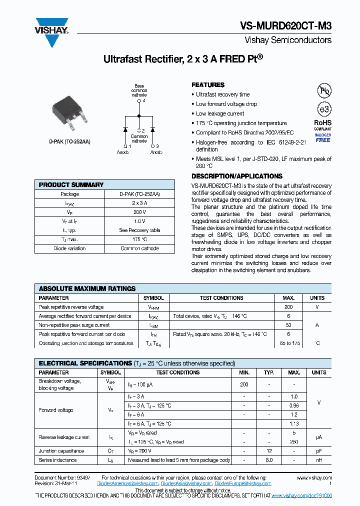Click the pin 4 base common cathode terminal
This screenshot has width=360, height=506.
coord(139,101)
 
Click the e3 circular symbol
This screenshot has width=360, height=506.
coord(324,110)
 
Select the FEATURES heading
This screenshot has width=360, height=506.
coord(208,85)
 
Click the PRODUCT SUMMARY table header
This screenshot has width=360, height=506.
coord(71,185)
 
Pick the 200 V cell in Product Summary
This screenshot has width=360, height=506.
coord(139,212)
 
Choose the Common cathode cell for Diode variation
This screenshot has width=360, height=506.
coord(139,248)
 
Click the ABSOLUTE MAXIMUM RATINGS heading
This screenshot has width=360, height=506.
coord(87,288)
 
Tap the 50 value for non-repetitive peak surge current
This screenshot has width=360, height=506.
coord(288,325)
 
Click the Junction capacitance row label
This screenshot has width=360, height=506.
coord(61,451)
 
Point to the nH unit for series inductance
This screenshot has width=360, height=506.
coord(319,460)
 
